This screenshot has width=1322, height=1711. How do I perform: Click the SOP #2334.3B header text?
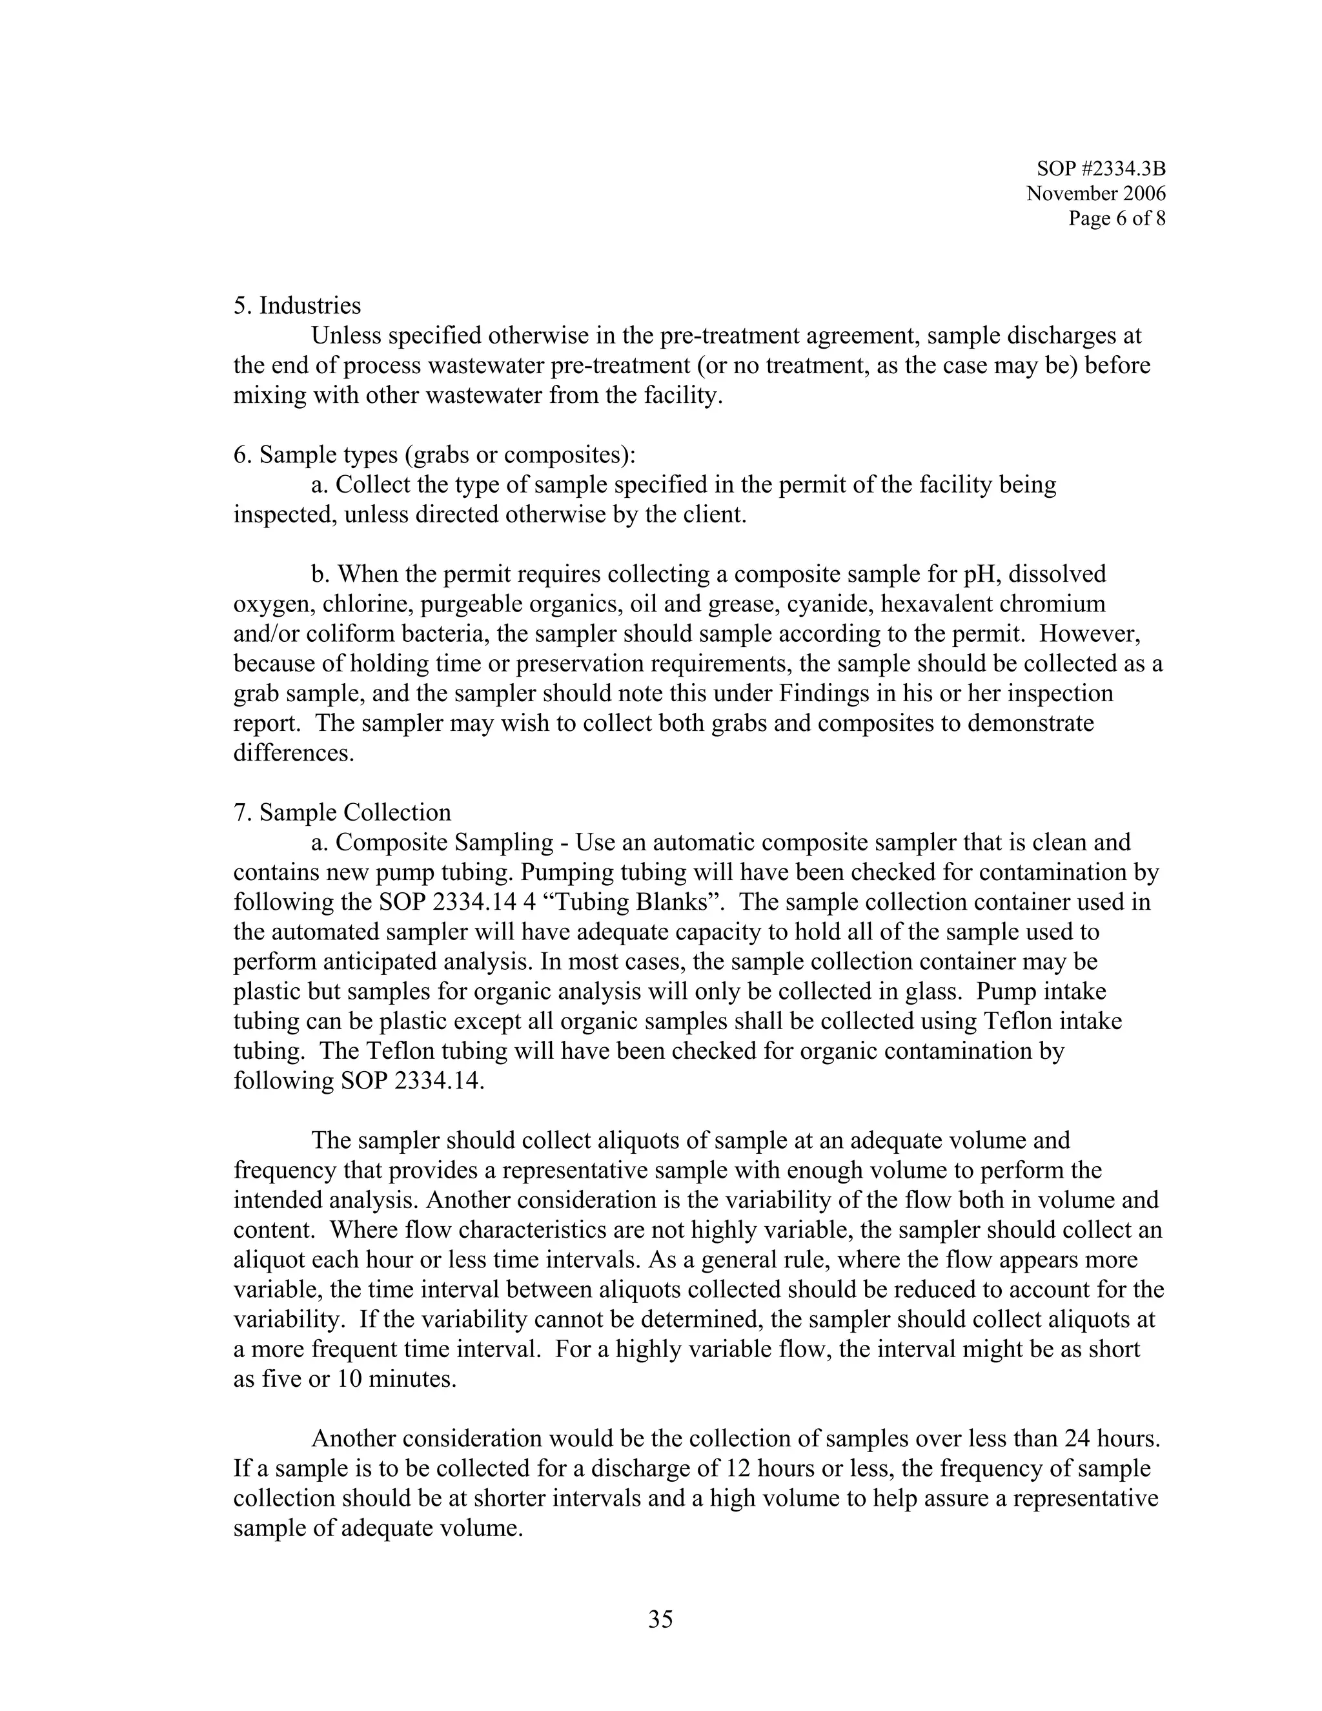pyautogui.click(x=1101, y=169)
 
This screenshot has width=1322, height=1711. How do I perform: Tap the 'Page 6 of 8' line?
pyautogui.click(x=1116, y=219)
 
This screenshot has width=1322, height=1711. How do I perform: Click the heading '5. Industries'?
pyautogui.click(x=297, y=305)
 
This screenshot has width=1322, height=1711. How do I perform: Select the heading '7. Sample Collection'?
pyautogui.click(x=342, y=812)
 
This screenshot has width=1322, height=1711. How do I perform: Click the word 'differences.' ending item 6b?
pyautogui.click(x=294, y=753)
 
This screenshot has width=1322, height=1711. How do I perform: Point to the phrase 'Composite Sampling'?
pyautogui.click(x=444, y=843)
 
